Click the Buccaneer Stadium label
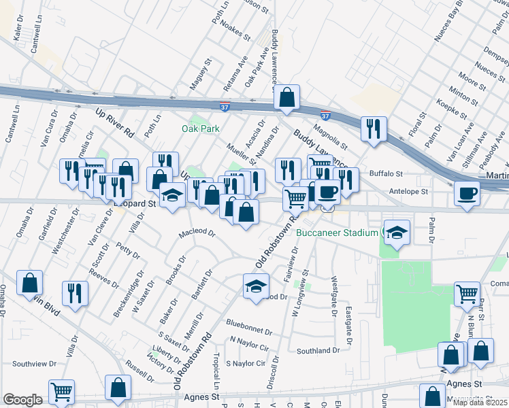pos(337,233)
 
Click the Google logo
pos(22,400)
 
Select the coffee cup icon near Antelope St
pos(467,193)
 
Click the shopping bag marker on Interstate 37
pos(287,97)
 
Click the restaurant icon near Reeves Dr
pos(74,293)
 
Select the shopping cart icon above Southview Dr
pos(61,391)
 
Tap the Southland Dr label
pos(317,351)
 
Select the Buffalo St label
pos(386,174)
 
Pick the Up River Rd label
pos(115,122)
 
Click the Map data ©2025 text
pos(480,403)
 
